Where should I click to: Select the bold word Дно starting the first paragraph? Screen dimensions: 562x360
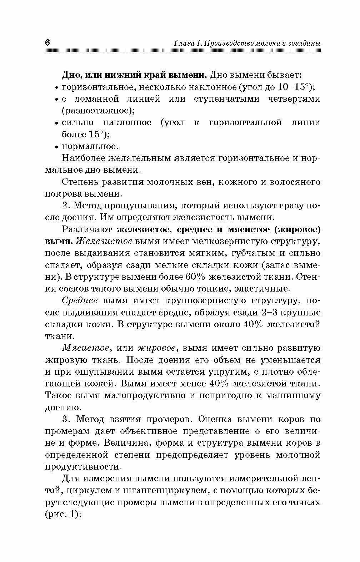tap(70, 75)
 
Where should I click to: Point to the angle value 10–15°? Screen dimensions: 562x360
tap(293, 87)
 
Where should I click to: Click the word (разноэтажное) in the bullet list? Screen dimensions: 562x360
tap(98, 111)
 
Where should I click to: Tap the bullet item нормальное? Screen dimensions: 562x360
tap(89, 146)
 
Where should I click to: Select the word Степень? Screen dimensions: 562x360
tap(80, 182)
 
